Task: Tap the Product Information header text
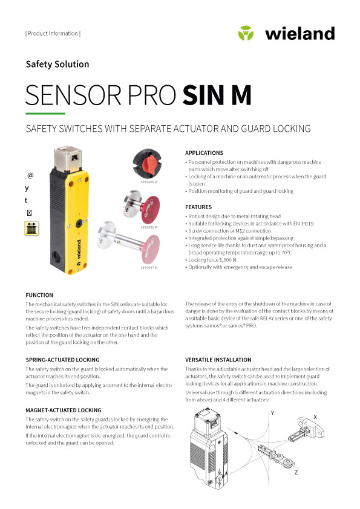point(53,34)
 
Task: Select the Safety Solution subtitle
point(57,64)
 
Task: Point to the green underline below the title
point(45,113)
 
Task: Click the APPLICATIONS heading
point(204,153)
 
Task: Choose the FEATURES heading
point(198,207)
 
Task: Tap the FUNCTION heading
point(39,295)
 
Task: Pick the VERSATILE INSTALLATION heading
point(218,360)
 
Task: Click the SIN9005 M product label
point(149,181)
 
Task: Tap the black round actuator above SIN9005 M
point(149,163)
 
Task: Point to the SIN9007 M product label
point(149,267)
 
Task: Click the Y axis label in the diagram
point(273,413)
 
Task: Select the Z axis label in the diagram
point(295,472)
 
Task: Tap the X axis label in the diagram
point(315,417)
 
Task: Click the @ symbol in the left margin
point(30,175)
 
